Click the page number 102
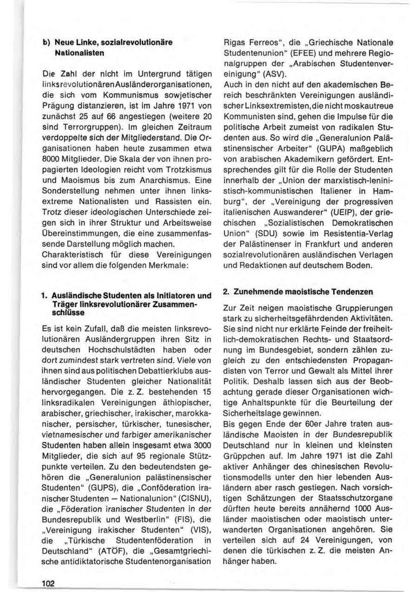pyautogui.click(x=47, y=582)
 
